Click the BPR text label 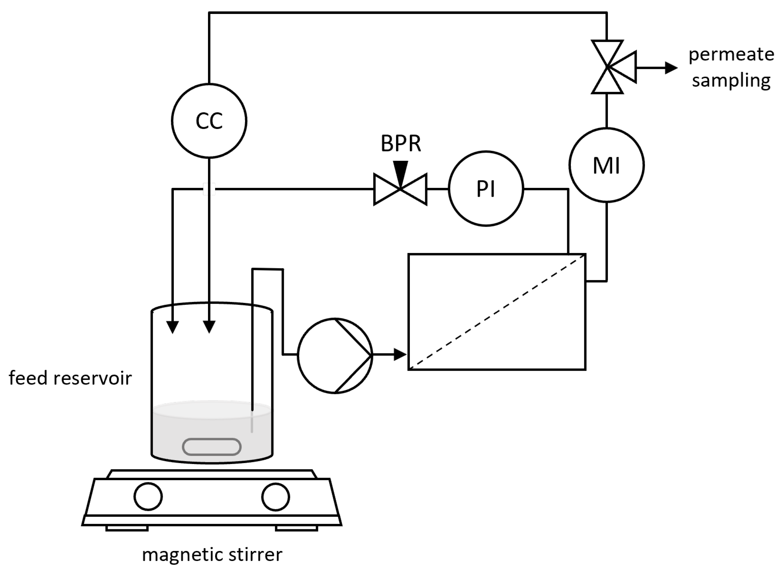(401, 143)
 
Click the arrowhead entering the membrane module (400, 355)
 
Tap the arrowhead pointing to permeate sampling (671, 67)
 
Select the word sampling (731, 81)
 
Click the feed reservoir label (70, 378)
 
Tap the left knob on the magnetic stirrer (148, 497)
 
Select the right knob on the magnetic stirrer (276, 497)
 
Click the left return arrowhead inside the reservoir (173, 327)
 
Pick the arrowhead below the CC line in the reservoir (209, 327)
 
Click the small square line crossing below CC (209, 189)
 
